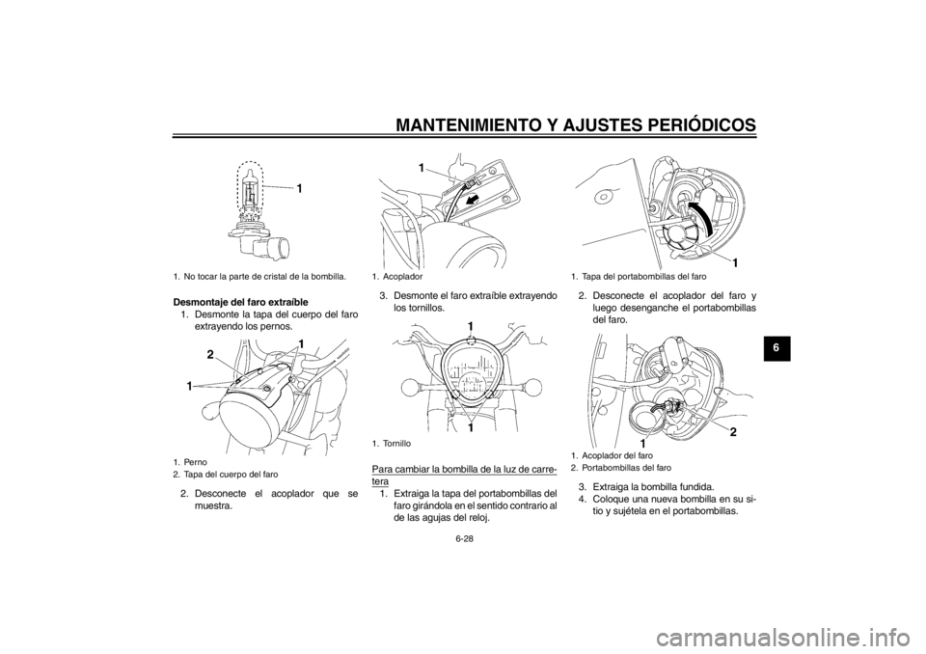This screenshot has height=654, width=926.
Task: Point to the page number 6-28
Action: click(464, 539)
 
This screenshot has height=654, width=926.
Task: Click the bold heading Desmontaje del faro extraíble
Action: click(240, 303)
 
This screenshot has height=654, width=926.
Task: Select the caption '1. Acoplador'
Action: click(396, 276)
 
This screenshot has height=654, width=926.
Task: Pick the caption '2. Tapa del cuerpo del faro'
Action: click(226, 474)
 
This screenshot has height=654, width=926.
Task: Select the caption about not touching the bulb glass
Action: click(259, 276)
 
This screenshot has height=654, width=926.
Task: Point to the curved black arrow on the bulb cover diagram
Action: click(700, 217)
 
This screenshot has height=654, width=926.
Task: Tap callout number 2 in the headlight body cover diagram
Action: click(210, 354)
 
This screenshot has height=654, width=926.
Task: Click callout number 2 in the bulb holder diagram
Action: click(732, 433)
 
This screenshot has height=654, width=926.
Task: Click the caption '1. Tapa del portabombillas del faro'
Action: click(639, 276)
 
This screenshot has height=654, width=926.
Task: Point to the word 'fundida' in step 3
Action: click(696, 487)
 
